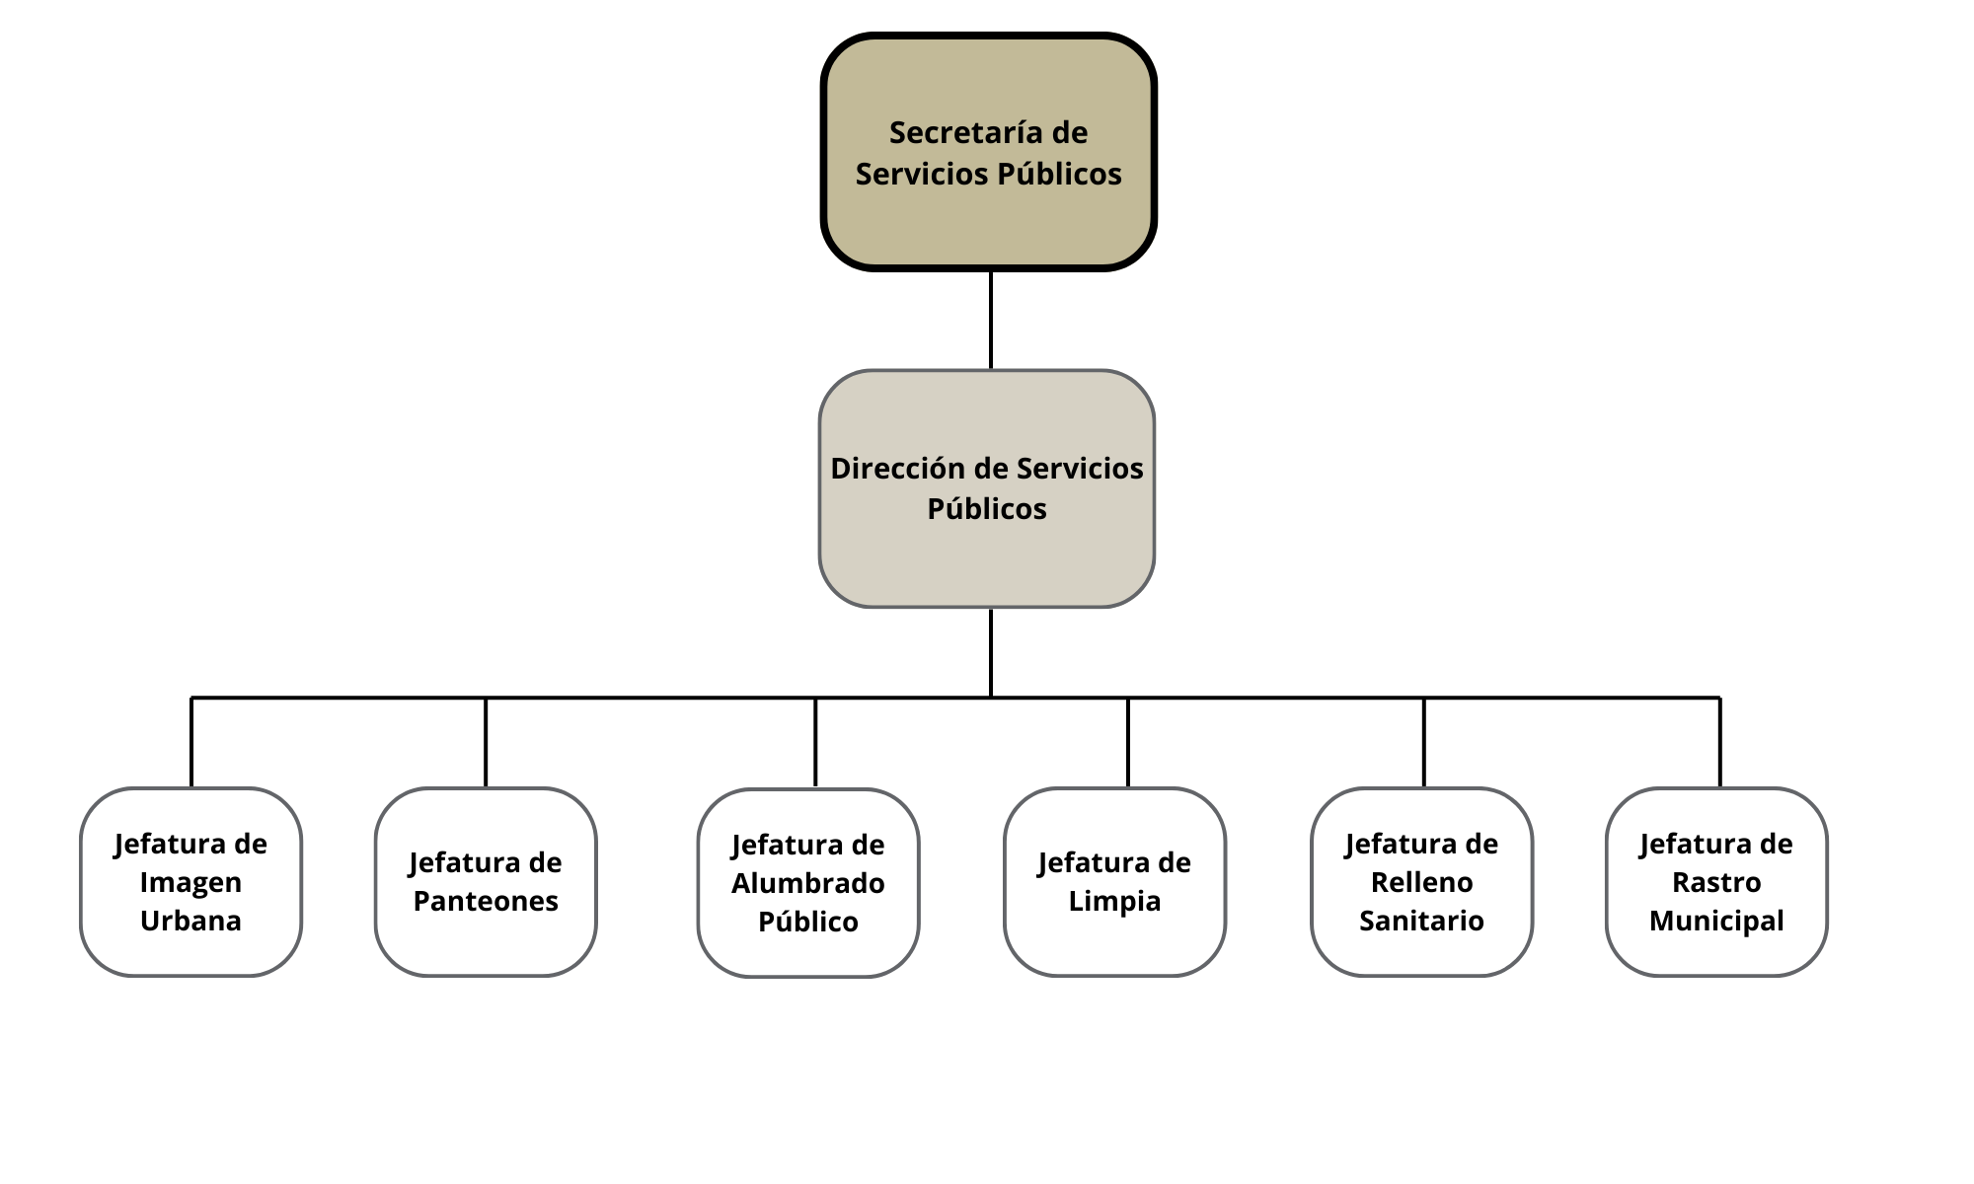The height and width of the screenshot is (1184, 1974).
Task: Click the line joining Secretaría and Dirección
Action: click(991, 320)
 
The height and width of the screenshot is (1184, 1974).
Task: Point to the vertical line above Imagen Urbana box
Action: click(191, 742)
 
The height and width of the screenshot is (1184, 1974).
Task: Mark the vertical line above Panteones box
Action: click(486, 742)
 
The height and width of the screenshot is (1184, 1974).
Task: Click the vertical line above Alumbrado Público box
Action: click(815, 742)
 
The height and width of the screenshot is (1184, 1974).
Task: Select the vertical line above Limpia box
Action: click(1128, 742)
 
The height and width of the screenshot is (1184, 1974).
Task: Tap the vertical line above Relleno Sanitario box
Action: click(1424, 742)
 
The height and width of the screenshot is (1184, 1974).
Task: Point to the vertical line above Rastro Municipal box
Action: click(1720, 742)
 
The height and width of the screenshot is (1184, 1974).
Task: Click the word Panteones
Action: click(486, 901)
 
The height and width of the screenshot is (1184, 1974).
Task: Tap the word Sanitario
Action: click(1421, 921)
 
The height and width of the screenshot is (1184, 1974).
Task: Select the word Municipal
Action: click(1716, 921)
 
